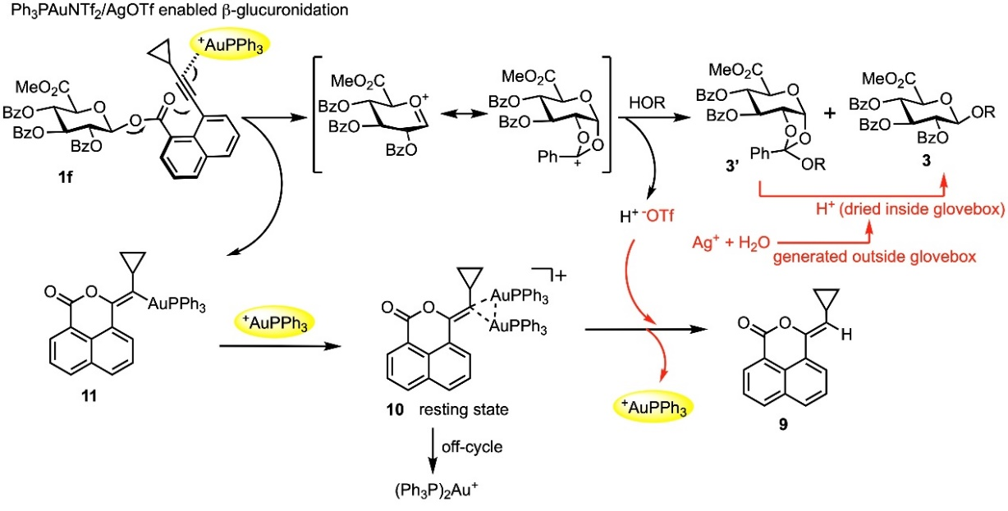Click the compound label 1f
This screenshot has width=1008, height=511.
tap(65, 177)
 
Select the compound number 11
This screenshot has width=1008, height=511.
tap(89, 395)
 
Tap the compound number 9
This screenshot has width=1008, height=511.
tap(783, 425)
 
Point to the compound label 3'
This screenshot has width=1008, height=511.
tap(732, 166)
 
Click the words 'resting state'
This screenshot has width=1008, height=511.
tap(464, 409)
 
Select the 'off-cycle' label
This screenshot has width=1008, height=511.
tap(472, 447)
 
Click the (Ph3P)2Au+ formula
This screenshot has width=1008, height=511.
tap(436, 490)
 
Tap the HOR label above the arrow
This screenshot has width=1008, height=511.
tap(647, 103)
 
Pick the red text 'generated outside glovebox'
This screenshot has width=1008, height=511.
tap(875, 257)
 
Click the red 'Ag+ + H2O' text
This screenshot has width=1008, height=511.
tap(731, 243)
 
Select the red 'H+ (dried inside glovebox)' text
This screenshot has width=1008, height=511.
tap(910, 209)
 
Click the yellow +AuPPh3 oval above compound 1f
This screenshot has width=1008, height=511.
tap(230, 45)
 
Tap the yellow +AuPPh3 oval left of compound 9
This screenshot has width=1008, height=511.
tap(654, 407)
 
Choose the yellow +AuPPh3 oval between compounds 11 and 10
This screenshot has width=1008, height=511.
tap(274, 322)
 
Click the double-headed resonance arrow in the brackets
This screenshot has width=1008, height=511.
tap(464, 114)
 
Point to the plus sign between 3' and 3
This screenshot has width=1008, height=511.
tap(829, 113)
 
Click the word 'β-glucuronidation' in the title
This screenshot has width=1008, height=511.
tap(285, 10)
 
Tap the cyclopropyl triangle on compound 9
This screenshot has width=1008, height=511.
tap(827, 299)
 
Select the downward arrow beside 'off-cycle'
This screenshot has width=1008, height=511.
tap(433, 451)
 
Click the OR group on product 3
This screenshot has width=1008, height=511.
tap(983, 112)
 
